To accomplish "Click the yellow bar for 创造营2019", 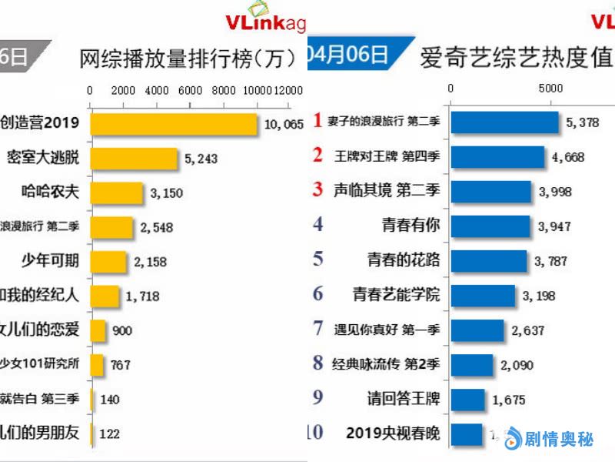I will point(173,124).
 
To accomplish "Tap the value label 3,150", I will point(166,193).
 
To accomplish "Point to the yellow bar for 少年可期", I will point(108,261).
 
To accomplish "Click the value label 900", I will point(122,331).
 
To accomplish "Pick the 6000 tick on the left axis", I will point(190,90).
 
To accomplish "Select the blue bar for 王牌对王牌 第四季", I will point(497,156).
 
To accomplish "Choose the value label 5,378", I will point(582,122).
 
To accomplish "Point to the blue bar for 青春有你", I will point(490,225).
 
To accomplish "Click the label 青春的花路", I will point(404,260).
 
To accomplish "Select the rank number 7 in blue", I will point(317,329).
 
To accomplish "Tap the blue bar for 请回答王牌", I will point(467,400).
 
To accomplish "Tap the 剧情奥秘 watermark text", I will point(558,440).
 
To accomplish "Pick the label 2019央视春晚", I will point(393,434).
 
